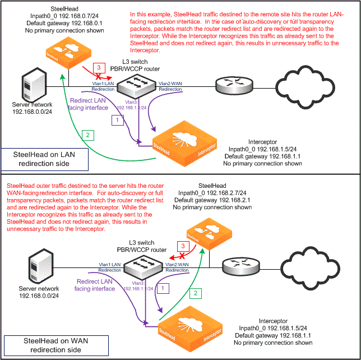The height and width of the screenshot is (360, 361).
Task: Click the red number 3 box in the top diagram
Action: pos(99,67)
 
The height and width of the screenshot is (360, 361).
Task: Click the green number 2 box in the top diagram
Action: pos(87,135)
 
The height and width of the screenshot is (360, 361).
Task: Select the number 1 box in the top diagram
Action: pos(117,120)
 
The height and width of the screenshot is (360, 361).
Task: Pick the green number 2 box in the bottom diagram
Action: pos(196,293)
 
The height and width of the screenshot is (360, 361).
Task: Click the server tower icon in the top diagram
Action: pos(32,87)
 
